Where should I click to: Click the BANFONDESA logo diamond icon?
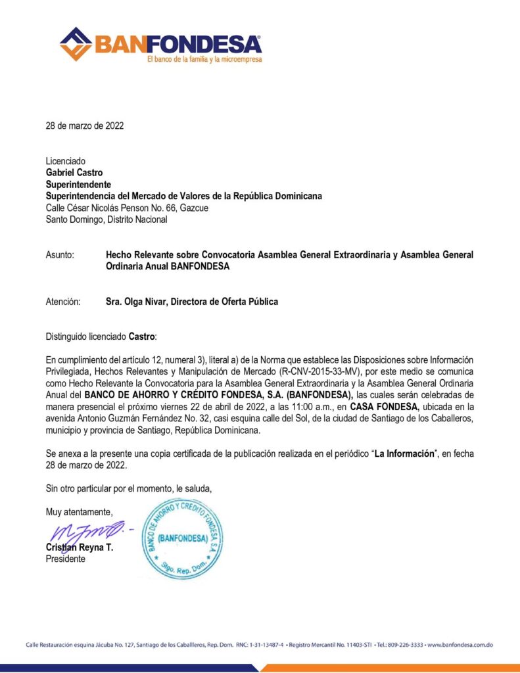(76, 44)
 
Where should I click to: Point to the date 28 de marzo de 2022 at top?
(84, 126)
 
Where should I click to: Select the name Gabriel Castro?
(73, 173)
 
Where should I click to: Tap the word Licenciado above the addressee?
(65, 161)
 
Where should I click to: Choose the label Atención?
(62, 302)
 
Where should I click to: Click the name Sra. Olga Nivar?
(136, 302)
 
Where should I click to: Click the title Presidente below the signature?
(65, 559)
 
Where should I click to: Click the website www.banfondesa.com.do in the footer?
(460, 645)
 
